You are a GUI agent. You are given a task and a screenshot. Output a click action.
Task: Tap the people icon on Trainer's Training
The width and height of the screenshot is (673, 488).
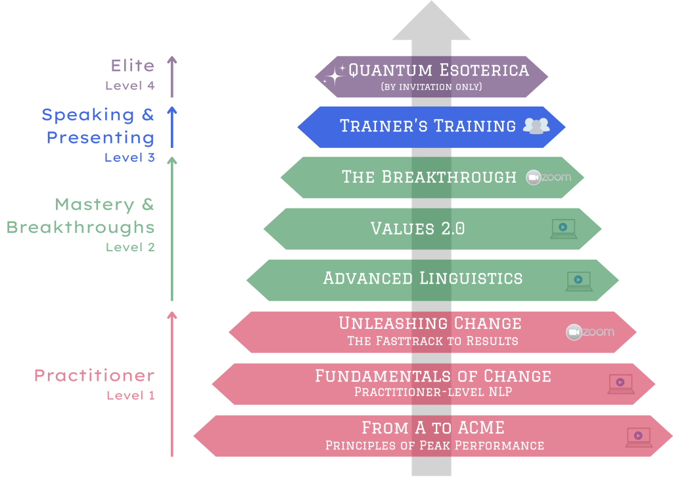(536, 126)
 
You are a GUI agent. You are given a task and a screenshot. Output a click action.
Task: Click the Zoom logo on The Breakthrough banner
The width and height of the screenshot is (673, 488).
(549, 177)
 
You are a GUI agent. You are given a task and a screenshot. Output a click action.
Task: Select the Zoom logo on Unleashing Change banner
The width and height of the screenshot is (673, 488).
(590, 332)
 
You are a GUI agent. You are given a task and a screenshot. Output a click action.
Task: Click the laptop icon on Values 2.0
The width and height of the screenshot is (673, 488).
(564, 229)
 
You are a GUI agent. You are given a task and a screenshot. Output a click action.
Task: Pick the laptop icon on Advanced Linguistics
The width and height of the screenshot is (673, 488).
(579, 281)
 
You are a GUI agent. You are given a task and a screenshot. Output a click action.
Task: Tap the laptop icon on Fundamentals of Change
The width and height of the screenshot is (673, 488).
(621, 383)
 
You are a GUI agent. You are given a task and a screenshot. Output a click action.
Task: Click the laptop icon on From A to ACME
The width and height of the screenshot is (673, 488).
(639, 437)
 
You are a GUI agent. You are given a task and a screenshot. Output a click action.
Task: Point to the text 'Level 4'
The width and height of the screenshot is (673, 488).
(130, 85)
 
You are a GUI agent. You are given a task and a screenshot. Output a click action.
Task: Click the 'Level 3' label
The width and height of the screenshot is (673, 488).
(129, 157)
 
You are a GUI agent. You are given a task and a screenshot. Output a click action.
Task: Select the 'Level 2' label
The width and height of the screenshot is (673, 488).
(131, 247)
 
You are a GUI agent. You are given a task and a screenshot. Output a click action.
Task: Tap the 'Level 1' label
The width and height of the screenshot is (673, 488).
(131, 395)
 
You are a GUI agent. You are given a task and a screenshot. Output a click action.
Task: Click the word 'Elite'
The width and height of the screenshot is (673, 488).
(133, 66)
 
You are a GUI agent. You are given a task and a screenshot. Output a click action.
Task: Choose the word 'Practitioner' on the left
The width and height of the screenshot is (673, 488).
(95, 376)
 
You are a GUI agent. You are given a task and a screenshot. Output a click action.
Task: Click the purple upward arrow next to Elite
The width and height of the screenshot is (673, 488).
(172, 76)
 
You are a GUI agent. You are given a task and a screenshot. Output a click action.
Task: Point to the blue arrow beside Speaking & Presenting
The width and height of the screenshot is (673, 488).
(172, 127)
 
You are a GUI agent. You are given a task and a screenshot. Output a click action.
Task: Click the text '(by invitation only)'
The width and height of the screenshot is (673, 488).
(431, 87)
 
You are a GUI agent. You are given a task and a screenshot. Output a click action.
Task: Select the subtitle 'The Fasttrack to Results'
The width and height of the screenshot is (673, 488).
(432, 341)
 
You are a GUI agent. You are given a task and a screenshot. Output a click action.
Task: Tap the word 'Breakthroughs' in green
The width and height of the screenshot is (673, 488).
(80, 228)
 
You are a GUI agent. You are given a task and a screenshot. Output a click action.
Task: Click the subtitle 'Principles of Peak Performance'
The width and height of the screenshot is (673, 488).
(435, 445)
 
